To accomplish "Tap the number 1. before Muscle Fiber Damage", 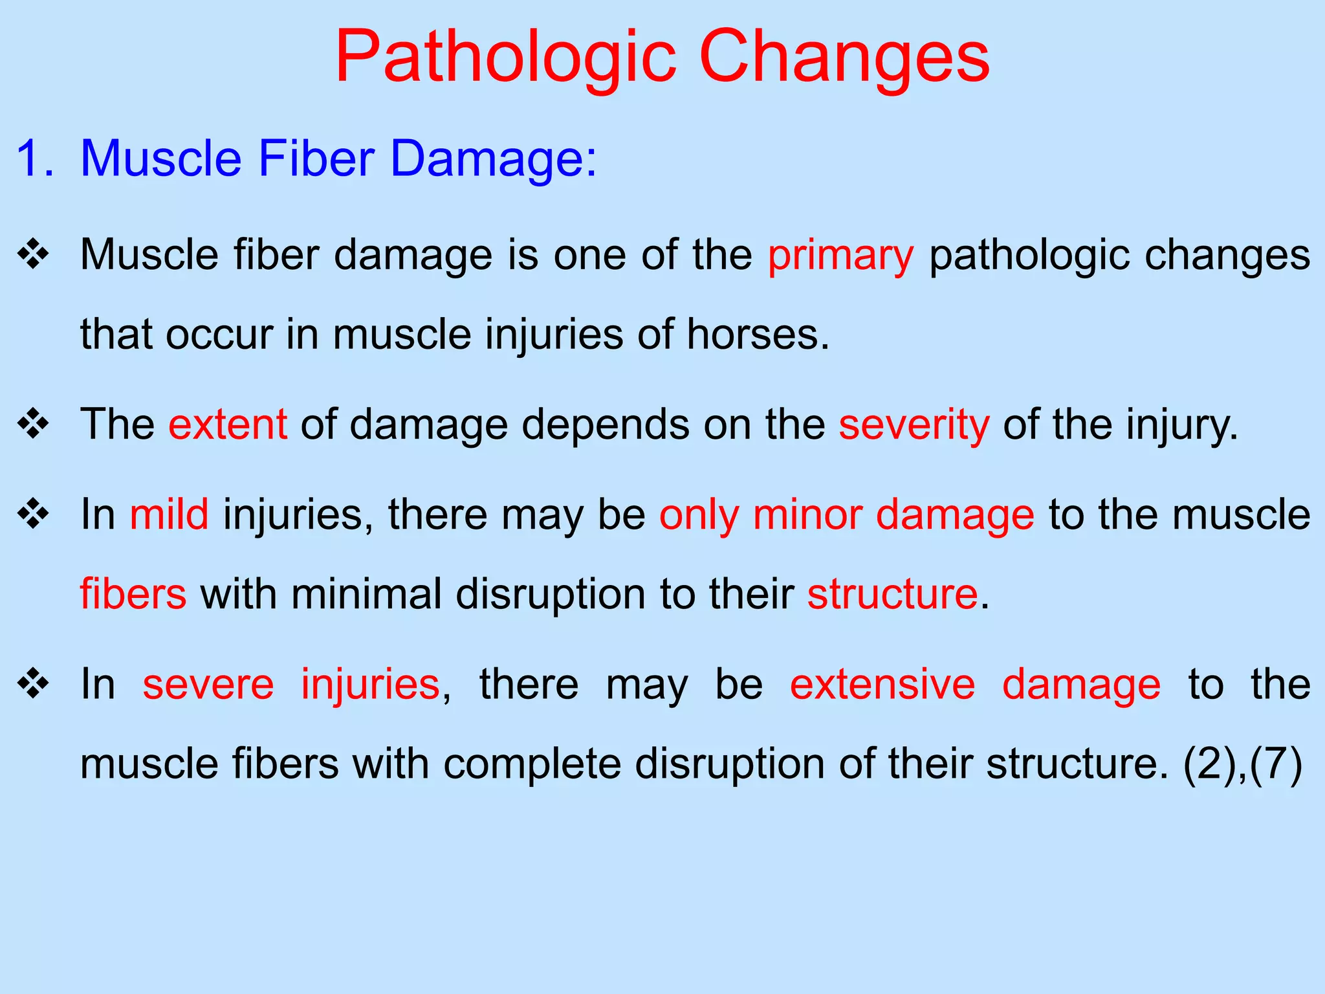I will pyautogui.click(x=35, y=159).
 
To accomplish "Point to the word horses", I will pyautogui.click(x=757, y=335).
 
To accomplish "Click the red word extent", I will pyautogui.click(x=228, y=425).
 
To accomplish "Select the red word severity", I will pyautogui.click(x=914, y=425).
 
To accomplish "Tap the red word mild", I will pyautogui.click(x=170, y=514).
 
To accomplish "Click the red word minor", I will pyautogui.click(x=807, y=514).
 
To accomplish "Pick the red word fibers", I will pyautogui.click(x=133, y=593).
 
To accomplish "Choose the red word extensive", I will pyautogui.click(x=882, y=684).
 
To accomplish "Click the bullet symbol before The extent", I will pyautogui.click(x=34, y=425).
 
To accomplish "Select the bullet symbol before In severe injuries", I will pyautogui.click(x=34, y=685).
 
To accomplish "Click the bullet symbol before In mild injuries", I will pyautogui.click(x=34, y=515).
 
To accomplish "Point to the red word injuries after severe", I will pyautogui.click(x=371, y=684).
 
